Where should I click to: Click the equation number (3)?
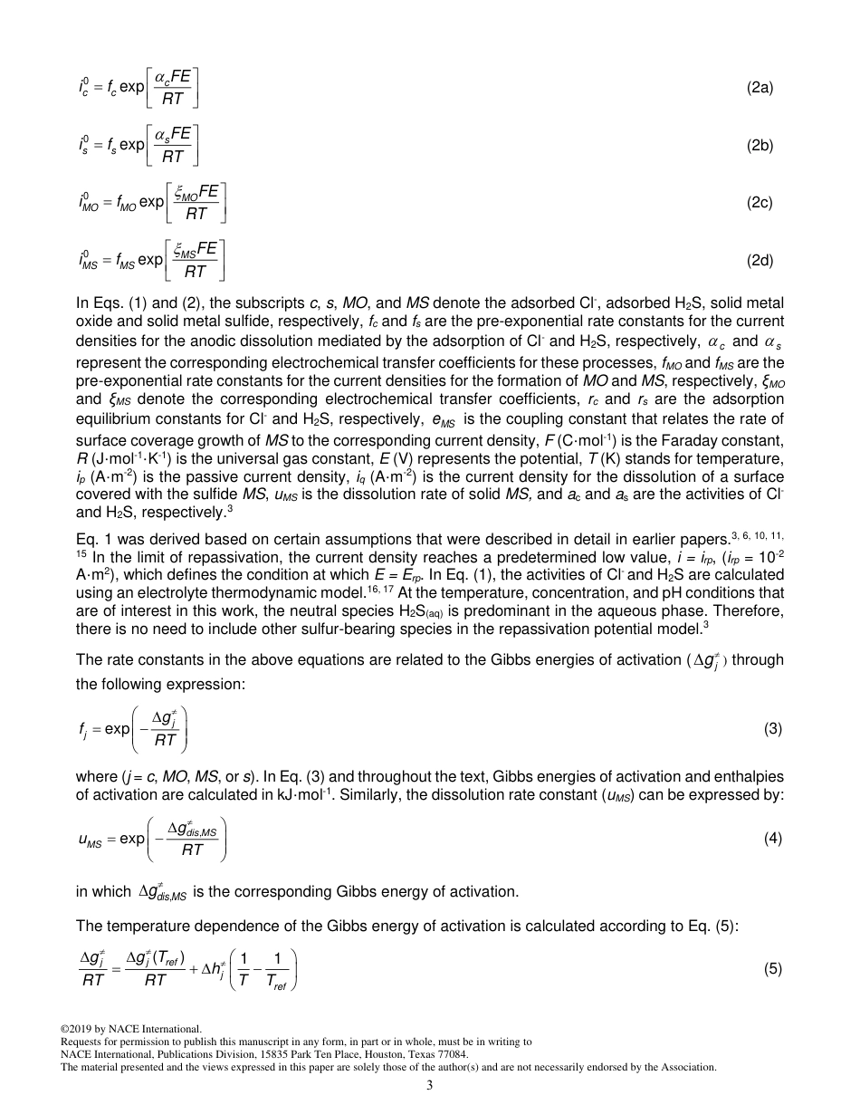click(x=772, y=728)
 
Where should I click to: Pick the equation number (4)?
click(x=772, y=838)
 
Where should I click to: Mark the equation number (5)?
click(x=772, y=967)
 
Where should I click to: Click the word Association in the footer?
click(x=692, y=1067)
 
